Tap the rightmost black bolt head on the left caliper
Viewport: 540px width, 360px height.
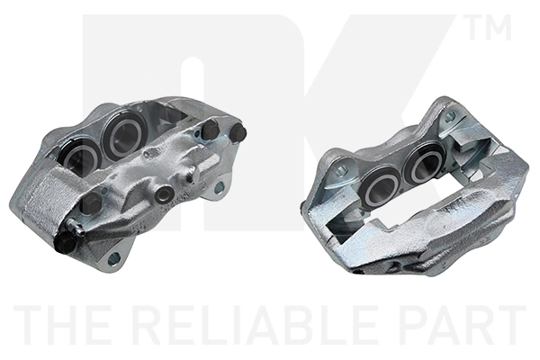click(238, 132)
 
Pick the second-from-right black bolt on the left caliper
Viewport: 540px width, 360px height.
click(210, 130)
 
